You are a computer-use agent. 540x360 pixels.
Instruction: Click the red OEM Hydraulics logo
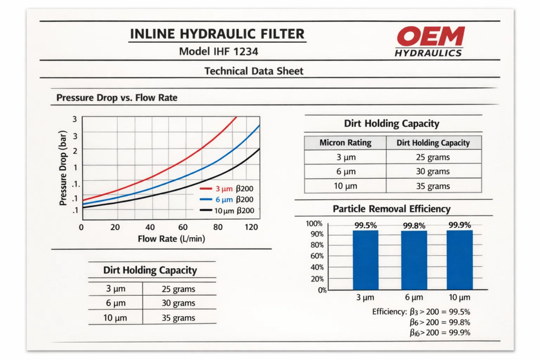[x=430, y=41]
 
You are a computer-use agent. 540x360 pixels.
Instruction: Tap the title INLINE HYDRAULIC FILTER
[x=217, y=35]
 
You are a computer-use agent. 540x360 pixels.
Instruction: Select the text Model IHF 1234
[x=218, y=52]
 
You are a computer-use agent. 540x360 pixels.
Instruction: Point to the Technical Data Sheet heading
[x=254, y=71]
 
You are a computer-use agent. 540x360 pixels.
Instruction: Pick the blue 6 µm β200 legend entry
[x=227, y=199]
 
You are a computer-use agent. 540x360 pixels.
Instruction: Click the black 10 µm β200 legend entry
[x=227, y=210]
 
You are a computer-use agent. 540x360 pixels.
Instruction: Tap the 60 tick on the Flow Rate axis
[x=184, y=227]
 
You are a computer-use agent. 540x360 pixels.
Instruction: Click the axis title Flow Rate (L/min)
[x=171, y=239]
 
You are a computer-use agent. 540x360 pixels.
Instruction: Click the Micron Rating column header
[x=345, y=143]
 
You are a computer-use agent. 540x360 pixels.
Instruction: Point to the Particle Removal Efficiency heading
[x=391, y=209]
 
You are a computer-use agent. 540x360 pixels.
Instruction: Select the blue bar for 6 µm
[x=414, y=260]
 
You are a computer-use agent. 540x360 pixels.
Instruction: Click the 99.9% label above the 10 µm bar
[x=459, y=225]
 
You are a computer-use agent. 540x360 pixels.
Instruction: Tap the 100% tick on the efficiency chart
[x=314, y=223]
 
